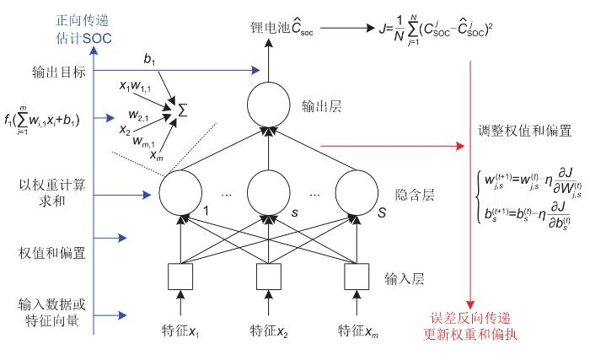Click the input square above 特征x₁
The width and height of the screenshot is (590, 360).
[179, 275]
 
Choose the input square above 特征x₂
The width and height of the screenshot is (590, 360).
[267, 275]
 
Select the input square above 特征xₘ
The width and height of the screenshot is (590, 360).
[354, 275]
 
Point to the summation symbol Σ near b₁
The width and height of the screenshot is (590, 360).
[178, 109]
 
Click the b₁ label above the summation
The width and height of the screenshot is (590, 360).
[149, 60]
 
